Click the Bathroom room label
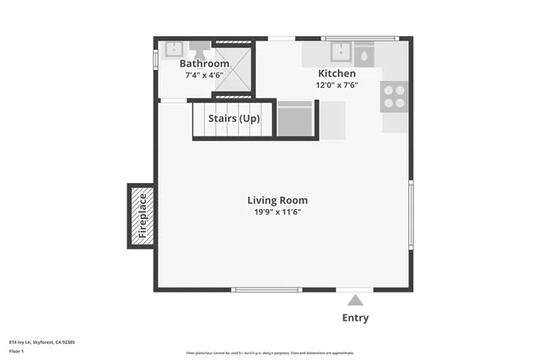coord(204,63)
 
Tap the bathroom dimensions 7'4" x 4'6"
coord(204,75)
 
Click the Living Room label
coord(277,200)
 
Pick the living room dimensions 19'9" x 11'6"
coord(277,212)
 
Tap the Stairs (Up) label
coord(234,119)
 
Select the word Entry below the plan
coord(355,318)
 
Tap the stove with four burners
coord(393,96)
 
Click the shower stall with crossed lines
coord(232,67)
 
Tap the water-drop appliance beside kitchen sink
coord(364,55)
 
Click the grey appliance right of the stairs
coord(295,119)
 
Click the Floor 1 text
coord(17,350)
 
